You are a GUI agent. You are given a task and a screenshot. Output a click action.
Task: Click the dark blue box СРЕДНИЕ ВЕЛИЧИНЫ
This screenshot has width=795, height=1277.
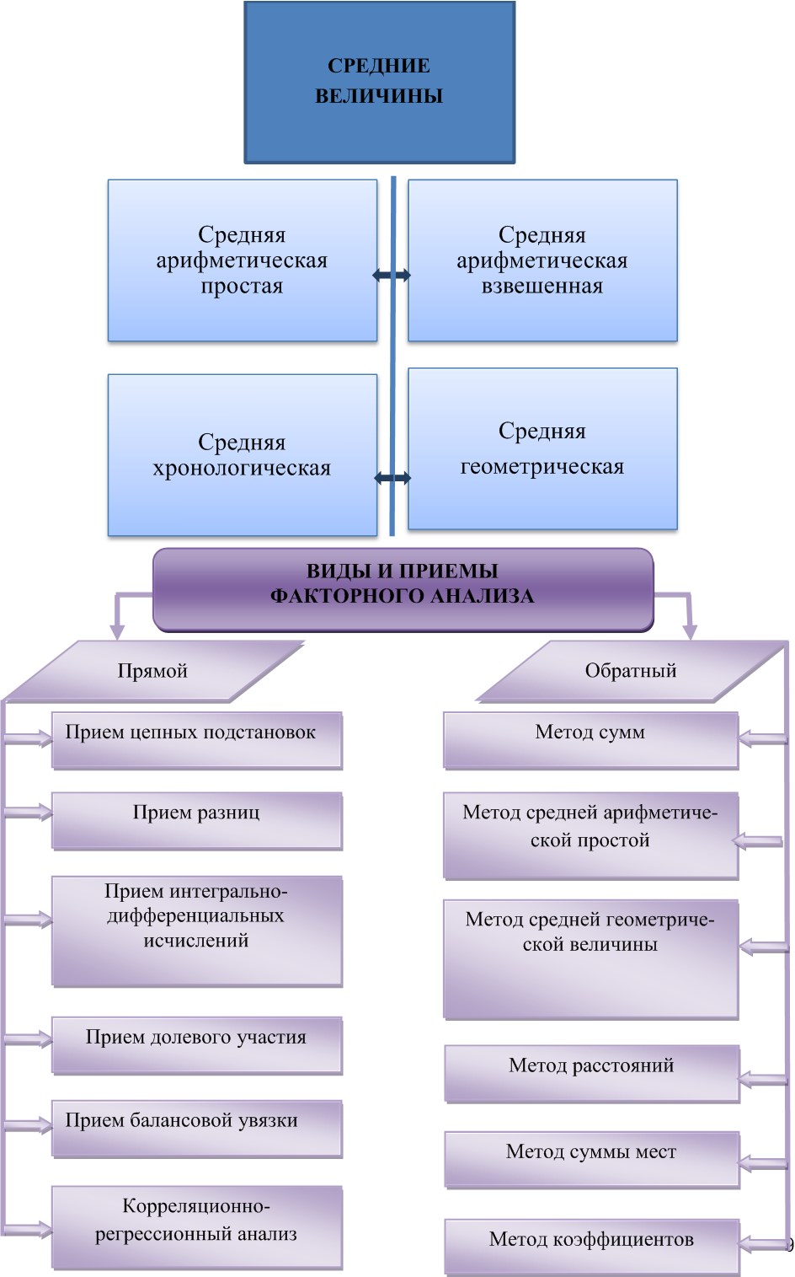click(379, 82)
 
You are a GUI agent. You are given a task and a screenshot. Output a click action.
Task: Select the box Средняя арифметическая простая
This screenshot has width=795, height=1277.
click(242, 260)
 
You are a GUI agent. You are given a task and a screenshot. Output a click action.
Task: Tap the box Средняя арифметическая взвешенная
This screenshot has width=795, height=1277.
click(542, 260)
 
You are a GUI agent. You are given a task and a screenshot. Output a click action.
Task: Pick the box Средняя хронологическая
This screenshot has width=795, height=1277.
click(242, 455)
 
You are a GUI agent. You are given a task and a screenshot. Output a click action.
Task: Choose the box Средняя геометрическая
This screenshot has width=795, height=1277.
click(542, 448)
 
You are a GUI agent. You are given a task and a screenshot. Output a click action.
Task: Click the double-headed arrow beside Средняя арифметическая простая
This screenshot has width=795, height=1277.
click(392, 275)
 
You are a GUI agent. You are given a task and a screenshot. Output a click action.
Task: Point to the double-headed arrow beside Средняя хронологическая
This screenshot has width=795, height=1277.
click(392, 478)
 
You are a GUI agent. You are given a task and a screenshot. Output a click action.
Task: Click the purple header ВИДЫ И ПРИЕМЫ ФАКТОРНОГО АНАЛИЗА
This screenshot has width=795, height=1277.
click(403, 589)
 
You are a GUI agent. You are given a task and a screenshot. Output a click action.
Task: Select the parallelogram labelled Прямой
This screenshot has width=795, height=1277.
click(152, 671)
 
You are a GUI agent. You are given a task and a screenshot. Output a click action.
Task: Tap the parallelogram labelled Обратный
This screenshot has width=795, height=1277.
click(631, 671)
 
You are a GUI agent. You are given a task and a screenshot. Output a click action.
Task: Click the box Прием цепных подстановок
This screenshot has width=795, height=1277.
click(196, 740)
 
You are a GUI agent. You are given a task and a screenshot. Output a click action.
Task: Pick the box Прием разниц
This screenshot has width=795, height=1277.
click(196, 820)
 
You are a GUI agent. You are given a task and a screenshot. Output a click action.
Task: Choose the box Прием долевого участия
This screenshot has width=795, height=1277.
click(196, 1045)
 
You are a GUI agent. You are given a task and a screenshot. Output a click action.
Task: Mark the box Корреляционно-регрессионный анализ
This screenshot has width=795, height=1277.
click(196, 1226)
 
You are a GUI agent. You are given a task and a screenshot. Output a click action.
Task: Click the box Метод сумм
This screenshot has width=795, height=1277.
click(590, 740)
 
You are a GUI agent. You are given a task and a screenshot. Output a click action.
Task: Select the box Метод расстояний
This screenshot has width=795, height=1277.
click(591, 1073)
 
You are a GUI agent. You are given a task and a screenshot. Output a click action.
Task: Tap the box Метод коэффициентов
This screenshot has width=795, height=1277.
click(591, 1246)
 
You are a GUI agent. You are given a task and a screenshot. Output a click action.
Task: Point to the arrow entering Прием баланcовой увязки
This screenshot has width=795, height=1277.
click(29, 1125)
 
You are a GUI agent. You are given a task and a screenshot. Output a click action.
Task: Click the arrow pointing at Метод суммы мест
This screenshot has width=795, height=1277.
click(763, 1164)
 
